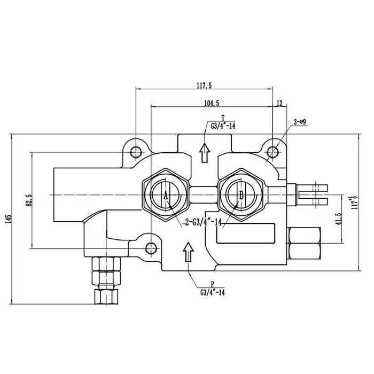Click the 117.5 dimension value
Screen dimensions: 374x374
coord(204,85)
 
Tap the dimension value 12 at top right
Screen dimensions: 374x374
coord(280,102)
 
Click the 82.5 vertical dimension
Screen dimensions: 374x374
coord(29,200)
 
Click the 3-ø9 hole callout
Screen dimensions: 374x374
coord(299,122)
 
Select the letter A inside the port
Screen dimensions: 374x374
coord(166,196)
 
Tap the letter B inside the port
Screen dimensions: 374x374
coord(241,196)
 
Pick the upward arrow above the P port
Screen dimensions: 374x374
coord(188,252)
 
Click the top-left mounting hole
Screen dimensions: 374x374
coord(136,150)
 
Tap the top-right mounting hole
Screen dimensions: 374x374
coord(274,151)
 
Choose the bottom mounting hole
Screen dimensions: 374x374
coord(151,246)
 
